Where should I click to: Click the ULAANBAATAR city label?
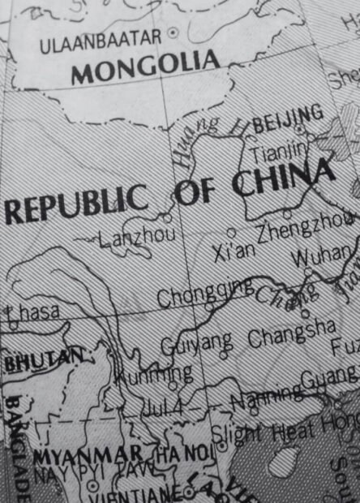pyautogui.click(x=100, y=39)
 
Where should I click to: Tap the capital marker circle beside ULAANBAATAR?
pyautogui.click(x=173, y=32)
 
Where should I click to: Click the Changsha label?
pyautogui.click(x=291, y=333)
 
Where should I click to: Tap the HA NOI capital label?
pyautogui.click(x=182, y=452)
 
